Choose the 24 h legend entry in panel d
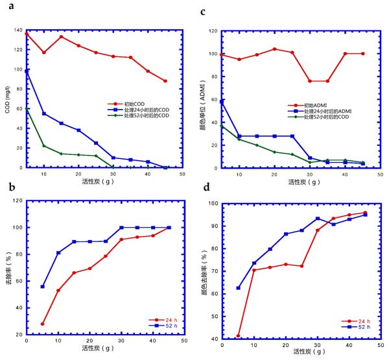364,321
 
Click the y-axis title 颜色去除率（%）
206,270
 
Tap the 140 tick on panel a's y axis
18,30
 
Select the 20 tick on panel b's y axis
18,334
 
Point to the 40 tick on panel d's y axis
214,339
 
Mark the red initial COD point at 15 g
61,36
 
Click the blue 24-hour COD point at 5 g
27,71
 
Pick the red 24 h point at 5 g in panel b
43,324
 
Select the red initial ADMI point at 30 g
310,81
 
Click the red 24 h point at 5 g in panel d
238,336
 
